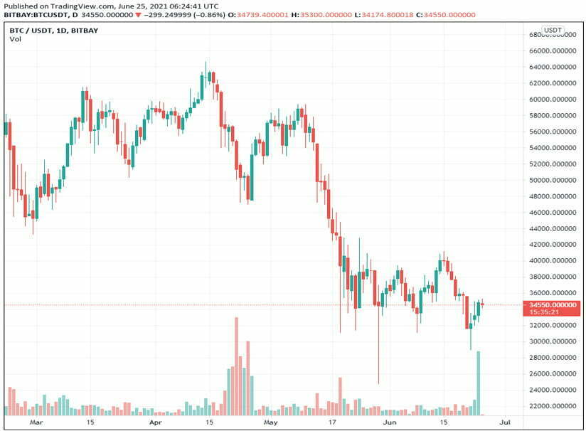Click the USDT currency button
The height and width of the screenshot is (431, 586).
pyautogui.click(x=553, y=30)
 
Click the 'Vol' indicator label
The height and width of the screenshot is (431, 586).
pyautogui.click(x=15, y=39)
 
